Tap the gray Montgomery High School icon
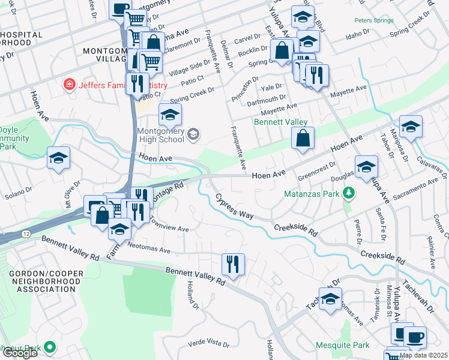click(193, 133)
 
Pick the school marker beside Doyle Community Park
click(59, 158)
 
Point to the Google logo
click(19, 353)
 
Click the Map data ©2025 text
click(423, 355)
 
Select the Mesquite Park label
click(343, 346)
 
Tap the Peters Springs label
click(373, 20)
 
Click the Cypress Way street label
click(232, 204)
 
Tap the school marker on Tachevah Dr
click(330, 299)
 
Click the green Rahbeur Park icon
click(50, 347)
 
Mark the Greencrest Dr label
click(317, 170)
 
